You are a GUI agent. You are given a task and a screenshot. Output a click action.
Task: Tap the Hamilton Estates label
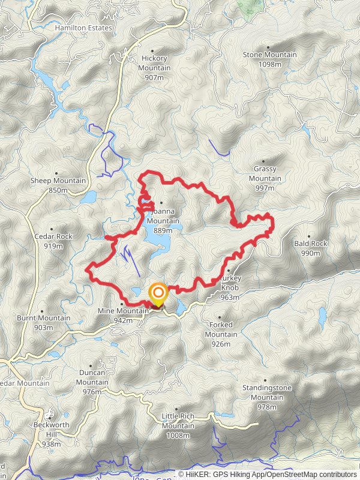[x=83, y=28]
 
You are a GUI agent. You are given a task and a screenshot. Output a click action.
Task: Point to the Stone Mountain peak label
[x=269, y=55]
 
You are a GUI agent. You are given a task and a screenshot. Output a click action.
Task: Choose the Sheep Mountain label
[x=58, y=181]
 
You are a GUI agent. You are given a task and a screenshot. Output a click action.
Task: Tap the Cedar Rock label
[x=54, y=236]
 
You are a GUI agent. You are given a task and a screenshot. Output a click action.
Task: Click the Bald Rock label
[x=310, y=244]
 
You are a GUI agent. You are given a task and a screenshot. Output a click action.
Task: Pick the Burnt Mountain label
[x=43, y=318]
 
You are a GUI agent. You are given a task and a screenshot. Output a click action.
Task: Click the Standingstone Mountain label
[x=267, y=392]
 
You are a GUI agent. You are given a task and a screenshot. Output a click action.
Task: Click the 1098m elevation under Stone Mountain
[x=269, y=64]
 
